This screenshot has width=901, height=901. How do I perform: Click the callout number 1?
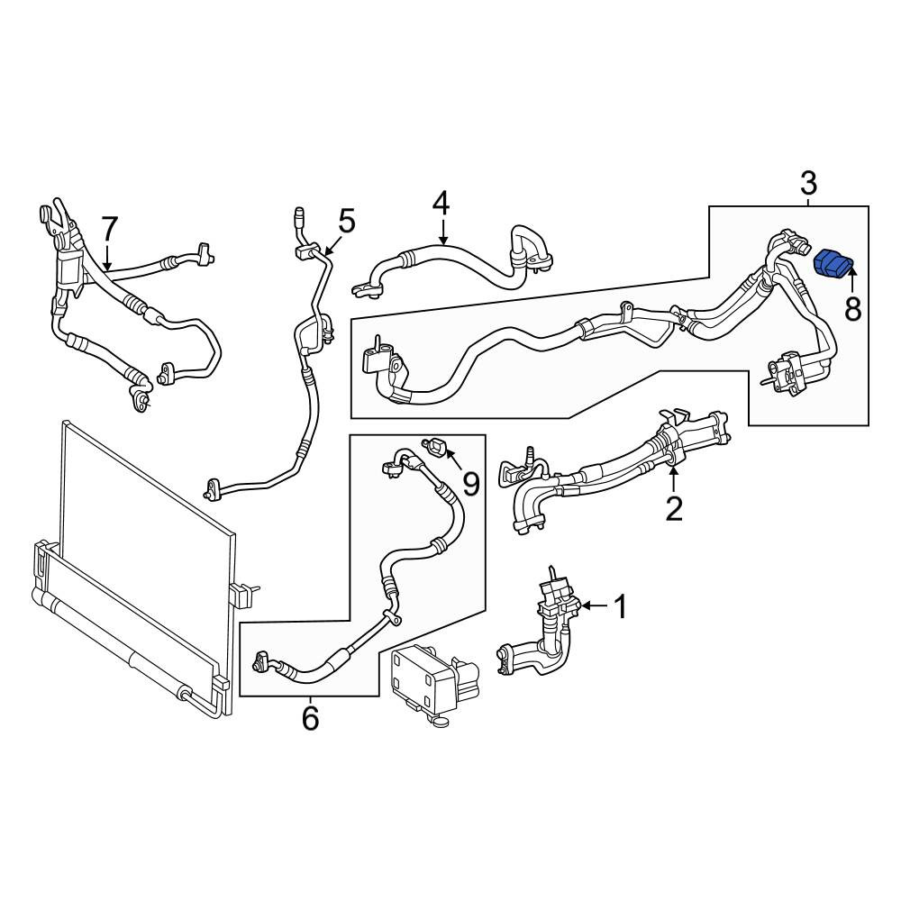coord(621,606)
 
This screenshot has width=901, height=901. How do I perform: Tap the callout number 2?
coord(673,508)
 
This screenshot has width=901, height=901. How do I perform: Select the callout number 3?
coord(808,184)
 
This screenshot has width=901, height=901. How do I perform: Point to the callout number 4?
coord(441,204)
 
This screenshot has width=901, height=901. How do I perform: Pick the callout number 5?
coord(347,222)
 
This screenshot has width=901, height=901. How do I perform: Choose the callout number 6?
coord(310,718)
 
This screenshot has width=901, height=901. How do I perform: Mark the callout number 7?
coord(109,228)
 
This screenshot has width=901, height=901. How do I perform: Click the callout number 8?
coord(852,310)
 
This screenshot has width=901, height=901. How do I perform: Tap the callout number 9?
coord(471,485)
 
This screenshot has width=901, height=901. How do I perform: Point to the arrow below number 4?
coord(441,232)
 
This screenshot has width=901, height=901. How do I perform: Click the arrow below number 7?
coord(107,256)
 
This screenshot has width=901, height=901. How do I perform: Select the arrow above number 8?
coord(851,281)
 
